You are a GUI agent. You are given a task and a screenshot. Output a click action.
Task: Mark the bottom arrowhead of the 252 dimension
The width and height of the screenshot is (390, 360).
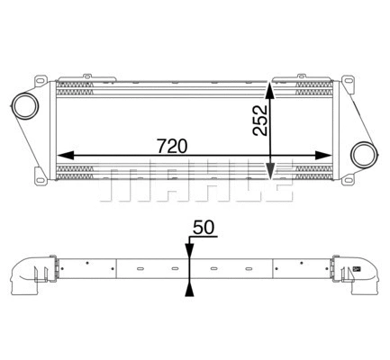pos(271,172)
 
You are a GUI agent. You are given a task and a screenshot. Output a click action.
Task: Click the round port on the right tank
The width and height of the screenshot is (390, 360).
pos(363,155)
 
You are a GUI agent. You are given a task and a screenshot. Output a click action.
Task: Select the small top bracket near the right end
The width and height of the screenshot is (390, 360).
pos(299,75)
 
